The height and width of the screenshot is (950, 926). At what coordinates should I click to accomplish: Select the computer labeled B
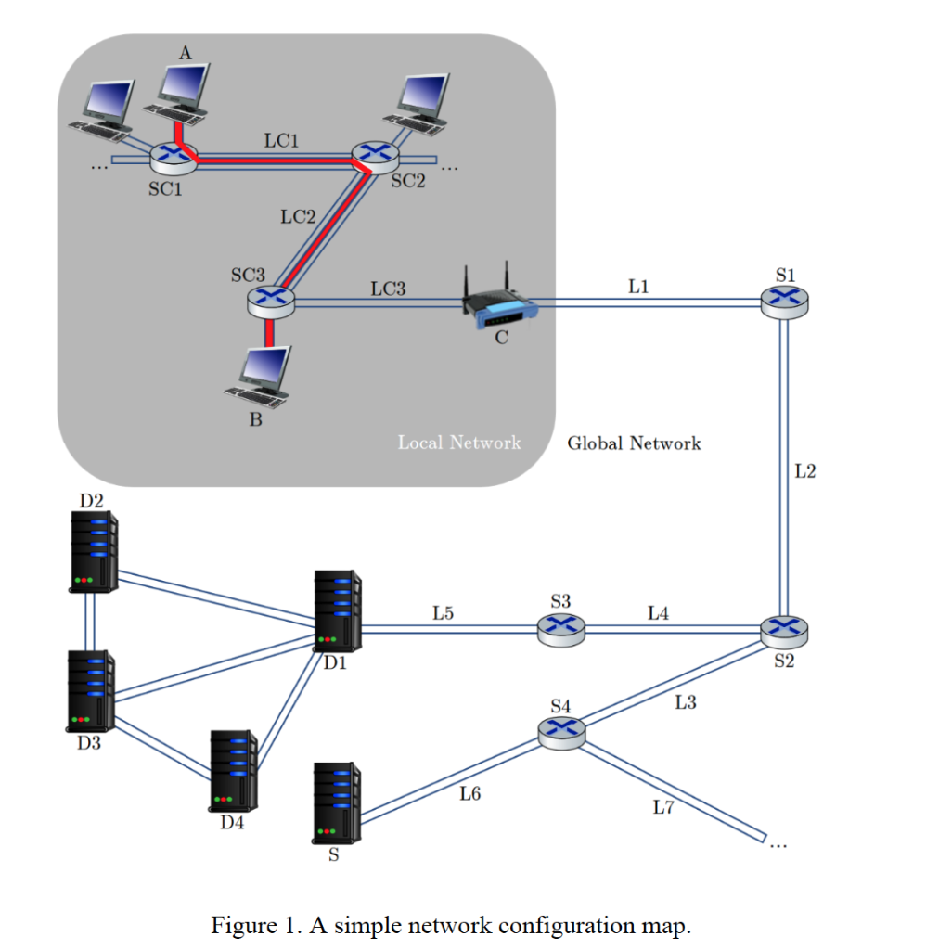(261, 377)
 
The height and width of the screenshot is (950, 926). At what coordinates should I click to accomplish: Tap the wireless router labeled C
(501, 302)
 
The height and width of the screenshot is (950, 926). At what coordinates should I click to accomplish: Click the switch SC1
(173, 158)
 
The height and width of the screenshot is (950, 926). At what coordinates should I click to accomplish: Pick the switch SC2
(373, 156)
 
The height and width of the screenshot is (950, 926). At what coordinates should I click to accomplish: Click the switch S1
(784, 301)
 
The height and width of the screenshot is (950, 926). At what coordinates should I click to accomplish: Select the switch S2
(784, 630)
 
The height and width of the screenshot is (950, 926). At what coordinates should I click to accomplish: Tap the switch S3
(561, 630)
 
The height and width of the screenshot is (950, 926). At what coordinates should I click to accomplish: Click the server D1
(338, 610)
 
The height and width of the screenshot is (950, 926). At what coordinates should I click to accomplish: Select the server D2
(94, 551)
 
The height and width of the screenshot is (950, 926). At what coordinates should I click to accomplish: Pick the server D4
(234, 770)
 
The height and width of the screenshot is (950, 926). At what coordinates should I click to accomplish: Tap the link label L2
(805, 471)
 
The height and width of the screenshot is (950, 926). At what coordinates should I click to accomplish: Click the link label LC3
(388, 289)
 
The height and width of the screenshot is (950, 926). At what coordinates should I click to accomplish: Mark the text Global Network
(634, 443)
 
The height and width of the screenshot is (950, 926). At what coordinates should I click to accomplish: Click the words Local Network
(459, 443)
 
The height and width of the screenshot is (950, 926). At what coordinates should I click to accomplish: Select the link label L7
(662, 807)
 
